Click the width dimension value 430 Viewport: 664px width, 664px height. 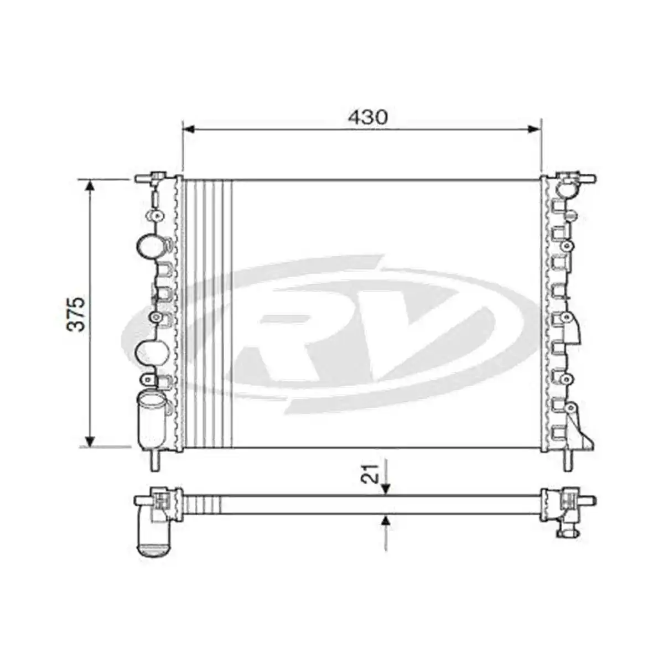coord(367,117)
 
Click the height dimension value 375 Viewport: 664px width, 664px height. coord(77,314)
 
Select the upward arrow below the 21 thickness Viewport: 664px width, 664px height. coord(386,521)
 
